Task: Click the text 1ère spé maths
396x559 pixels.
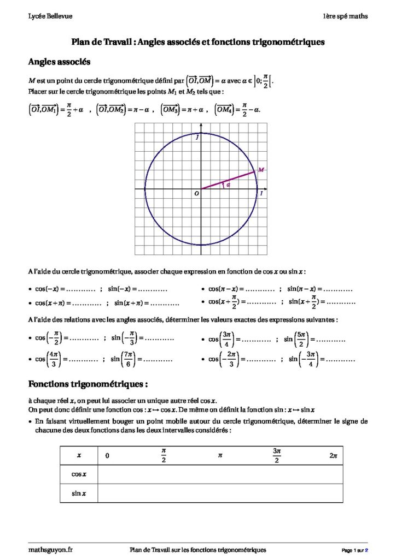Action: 345,16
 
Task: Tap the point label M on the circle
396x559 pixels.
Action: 261,170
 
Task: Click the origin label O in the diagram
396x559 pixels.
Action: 196,194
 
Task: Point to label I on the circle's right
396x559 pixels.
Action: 261,193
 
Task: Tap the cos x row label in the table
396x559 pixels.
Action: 78,474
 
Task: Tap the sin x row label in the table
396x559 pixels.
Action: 79,493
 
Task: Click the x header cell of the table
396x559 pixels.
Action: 79,455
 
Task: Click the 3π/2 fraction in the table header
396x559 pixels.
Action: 276,455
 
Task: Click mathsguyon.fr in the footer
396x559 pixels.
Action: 50,549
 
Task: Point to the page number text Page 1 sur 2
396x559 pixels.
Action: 355,549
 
